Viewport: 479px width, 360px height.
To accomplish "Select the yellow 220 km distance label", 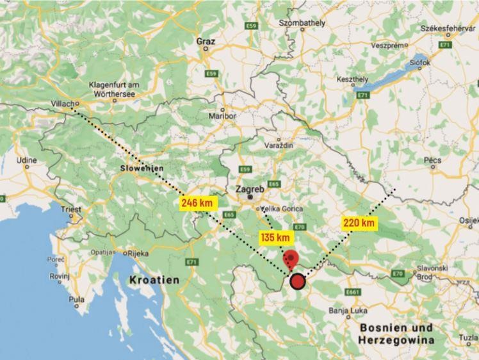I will click(359, 223).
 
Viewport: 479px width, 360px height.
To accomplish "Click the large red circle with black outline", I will click(297, 281).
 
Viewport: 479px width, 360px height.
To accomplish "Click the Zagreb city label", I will click(250, 190).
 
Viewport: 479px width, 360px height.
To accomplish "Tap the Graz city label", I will click(206, 42).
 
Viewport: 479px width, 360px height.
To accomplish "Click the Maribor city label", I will click(223, 116).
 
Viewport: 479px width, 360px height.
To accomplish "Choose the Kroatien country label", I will click(154, 280).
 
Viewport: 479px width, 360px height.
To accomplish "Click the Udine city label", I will click(27, 160).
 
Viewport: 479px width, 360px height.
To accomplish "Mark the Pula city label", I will click(76, 299).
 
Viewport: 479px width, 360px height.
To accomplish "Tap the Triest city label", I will click(71, 209).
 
